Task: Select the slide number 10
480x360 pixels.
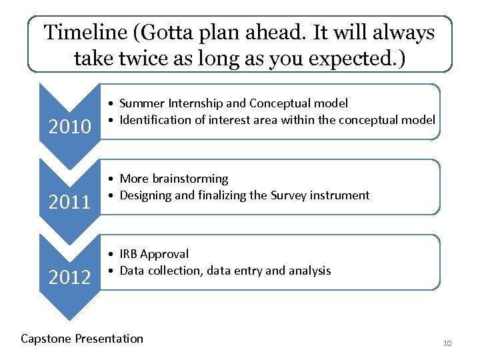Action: [x=447, y=343]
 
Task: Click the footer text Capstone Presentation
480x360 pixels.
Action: [x=82, y=339]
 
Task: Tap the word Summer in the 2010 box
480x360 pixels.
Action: [x=139, y=103]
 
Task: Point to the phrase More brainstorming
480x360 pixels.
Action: [x=173, y=179]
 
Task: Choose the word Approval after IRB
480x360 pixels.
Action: [x=165, y=254]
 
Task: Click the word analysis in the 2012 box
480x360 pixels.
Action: [x=310, y=271]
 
